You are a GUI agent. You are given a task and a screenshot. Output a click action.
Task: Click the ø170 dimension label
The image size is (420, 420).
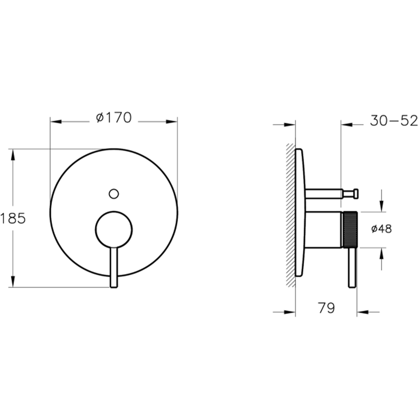114,118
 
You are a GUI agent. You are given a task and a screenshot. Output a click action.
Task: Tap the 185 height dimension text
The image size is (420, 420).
13,218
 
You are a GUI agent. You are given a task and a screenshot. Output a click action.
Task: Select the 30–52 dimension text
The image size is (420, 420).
394,121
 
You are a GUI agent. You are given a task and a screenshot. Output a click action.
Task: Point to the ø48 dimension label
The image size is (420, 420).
381,229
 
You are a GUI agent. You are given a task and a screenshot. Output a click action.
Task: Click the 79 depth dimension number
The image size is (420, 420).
326,308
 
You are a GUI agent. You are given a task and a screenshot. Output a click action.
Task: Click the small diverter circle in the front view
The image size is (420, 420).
114,194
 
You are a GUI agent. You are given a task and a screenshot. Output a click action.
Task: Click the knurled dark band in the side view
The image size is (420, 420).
350,229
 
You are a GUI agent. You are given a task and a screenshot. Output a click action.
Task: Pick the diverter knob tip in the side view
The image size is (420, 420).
356,194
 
